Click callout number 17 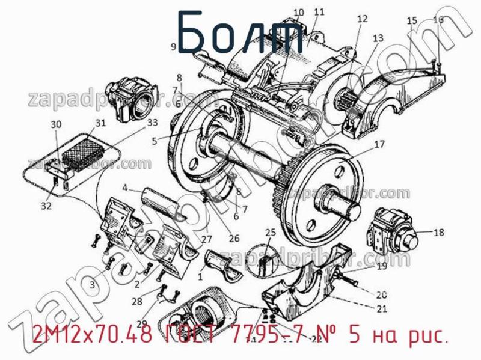[379, 144]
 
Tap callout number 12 [361, 19]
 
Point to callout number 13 [378, 38]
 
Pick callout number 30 [56, 125]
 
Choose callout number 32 [46, 206]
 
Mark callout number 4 [124, 188]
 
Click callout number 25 [271, 233]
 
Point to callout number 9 [173, 46]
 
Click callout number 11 [319, 11]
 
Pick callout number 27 [206, 239]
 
